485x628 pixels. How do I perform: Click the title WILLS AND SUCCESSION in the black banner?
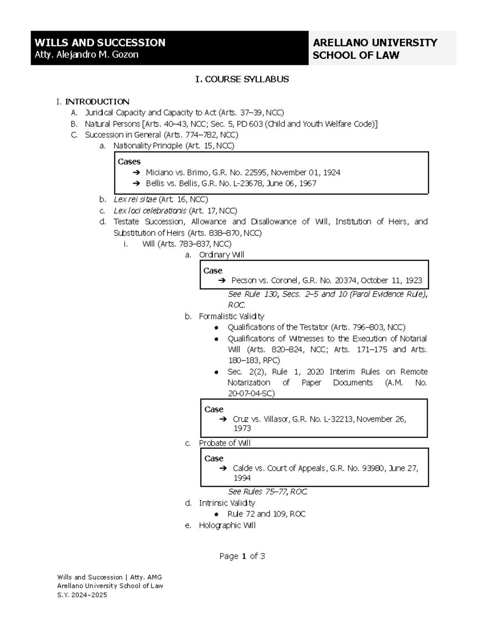tap(100, 42)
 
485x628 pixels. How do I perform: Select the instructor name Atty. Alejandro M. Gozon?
tap(86, 55)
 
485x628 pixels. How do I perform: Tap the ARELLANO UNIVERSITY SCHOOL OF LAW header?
tap(375, 49)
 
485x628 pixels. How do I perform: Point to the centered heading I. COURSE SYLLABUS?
tap(242, 79)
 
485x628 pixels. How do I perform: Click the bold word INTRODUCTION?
tap(97, 101)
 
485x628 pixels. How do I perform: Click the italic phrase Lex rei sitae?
tap(135, 199)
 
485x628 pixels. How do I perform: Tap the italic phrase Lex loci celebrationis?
tap(150, 211)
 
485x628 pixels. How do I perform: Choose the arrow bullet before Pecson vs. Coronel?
tap(221, 281)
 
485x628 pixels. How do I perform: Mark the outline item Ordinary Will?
tap(221, 255)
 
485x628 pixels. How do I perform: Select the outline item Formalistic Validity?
tap(232, 316)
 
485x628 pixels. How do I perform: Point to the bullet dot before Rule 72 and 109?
tap(217, 514)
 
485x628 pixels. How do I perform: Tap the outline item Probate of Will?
tap(225, 443)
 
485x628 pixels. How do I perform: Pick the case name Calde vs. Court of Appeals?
tap(279, 468)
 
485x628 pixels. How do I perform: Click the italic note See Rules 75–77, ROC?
tap(268, 492)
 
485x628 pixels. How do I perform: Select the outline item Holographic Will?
tap(227, 526)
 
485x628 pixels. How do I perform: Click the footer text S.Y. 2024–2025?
tap(82, 595)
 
